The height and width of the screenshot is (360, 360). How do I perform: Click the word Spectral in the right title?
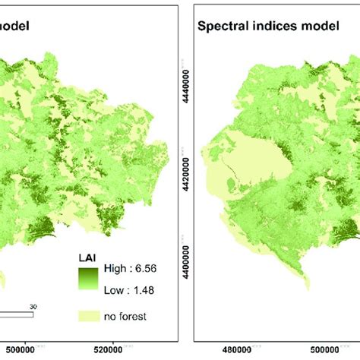coord(221,25)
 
